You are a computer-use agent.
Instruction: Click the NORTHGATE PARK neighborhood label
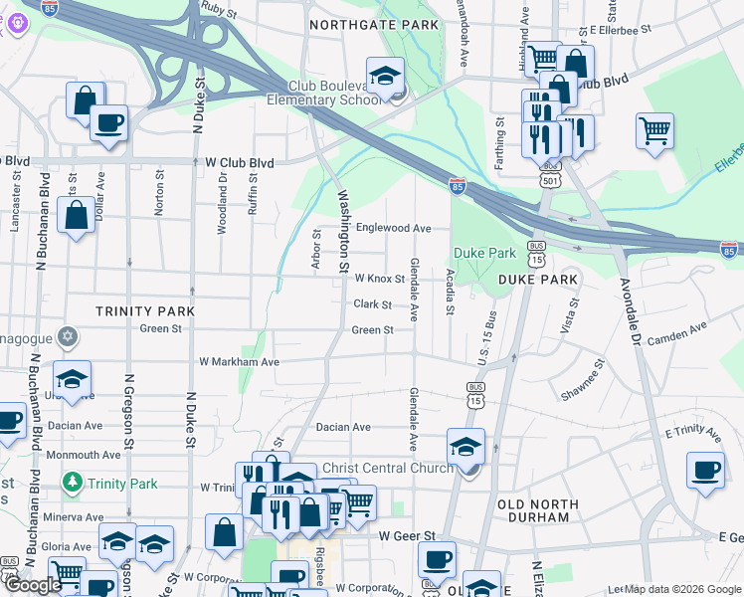374,24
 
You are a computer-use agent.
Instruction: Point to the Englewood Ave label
393,228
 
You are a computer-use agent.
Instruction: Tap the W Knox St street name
379,280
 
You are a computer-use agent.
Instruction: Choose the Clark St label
373,304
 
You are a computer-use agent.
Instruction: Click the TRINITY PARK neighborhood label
145,311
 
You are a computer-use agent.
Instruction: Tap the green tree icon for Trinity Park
72,484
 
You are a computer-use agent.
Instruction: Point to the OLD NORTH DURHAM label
535,510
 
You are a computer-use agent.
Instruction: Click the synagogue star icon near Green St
67,335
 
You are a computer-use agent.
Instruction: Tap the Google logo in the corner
34,585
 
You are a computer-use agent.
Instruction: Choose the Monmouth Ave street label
89,455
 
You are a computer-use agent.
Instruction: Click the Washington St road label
344,231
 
